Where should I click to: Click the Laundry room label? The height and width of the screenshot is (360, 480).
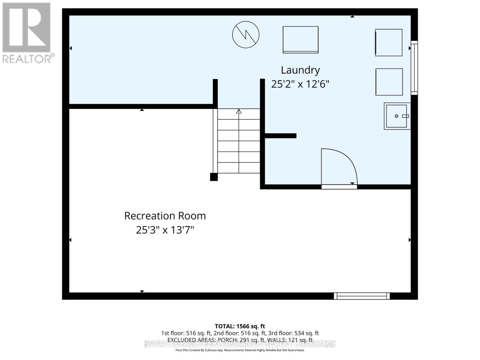point(300,70)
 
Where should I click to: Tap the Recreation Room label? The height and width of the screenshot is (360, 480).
point(165,216)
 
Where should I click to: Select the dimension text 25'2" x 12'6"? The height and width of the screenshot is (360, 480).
point(300,84)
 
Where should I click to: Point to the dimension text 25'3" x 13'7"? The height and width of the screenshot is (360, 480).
point(165,230)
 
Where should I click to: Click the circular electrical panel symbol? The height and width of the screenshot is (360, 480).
point(246,34)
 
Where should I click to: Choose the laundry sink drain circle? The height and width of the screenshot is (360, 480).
point(396,116)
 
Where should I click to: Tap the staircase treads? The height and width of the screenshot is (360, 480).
point(239,141)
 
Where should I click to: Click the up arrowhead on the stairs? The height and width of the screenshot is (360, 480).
point(239,111)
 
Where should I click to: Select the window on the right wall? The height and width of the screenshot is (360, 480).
point(414,67)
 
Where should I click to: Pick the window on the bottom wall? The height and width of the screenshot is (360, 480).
point(362,296)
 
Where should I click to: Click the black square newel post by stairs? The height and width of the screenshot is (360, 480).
point(214,177)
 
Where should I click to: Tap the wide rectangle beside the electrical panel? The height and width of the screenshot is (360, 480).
point(301,39)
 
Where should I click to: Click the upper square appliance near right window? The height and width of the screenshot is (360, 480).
point(389,42)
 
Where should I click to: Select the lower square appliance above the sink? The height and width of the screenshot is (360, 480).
point(389,82)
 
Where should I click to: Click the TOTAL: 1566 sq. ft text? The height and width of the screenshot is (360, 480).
point(240,326)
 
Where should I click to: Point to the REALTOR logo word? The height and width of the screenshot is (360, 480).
point(27,59)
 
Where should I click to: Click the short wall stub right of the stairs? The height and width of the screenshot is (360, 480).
point(280,136)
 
